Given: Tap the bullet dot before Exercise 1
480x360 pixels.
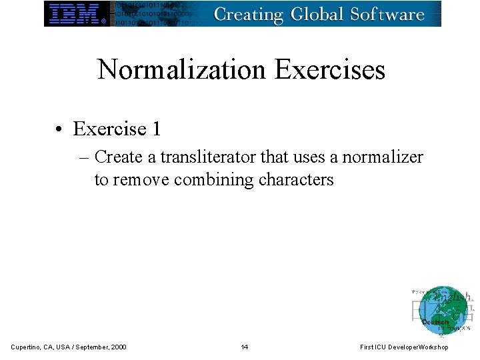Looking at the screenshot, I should (x=60, y=128).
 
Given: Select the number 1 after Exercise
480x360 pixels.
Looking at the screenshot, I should (x=156, y=127).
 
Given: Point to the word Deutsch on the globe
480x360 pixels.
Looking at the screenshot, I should (x=435, y=322).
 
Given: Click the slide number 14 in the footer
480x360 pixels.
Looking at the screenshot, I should (x=245, y=347).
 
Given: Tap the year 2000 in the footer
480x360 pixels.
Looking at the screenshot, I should (x=117, y=347).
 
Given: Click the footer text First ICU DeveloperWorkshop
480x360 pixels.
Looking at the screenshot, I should (x=404, y=347).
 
